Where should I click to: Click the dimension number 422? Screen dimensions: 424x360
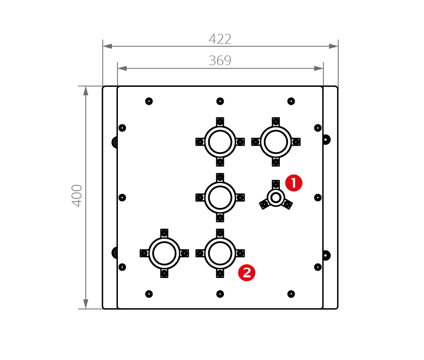220,39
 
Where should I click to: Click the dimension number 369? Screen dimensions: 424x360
220,61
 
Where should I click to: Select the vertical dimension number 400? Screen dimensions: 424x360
77,196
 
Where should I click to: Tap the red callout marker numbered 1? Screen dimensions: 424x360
294,183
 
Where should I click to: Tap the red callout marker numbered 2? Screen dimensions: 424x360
247,272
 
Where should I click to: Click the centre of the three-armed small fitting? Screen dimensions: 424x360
276,198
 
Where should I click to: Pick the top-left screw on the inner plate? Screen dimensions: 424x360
149,101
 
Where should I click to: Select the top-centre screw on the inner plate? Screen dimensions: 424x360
220,101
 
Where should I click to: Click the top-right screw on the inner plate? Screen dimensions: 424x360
291,101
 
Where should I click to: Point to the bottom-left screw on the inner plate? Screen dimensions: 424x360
149,294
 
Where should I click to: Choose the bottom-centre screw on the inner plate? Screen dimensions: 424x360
220,294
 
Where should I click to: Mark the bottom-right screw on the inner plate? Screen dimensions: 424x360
291,294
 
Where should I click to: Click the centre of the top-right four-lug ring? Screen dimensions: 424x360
276,142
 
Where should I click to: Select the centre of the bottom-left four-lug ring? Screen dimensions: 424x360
165,253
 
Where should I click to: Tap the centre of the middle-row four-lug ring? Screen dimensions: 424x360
220,198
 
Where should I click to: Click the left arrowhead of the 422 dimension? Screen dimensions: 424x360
107,46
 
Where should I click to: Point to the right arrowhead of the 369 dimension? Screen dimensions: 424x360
319,68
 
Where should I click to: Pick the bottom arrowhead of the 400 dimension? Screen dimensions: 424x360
86,304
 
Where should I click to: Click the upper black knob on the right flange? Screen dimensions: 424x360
326,140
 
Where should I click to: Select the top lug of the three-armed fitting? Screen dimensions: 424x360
276,185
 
